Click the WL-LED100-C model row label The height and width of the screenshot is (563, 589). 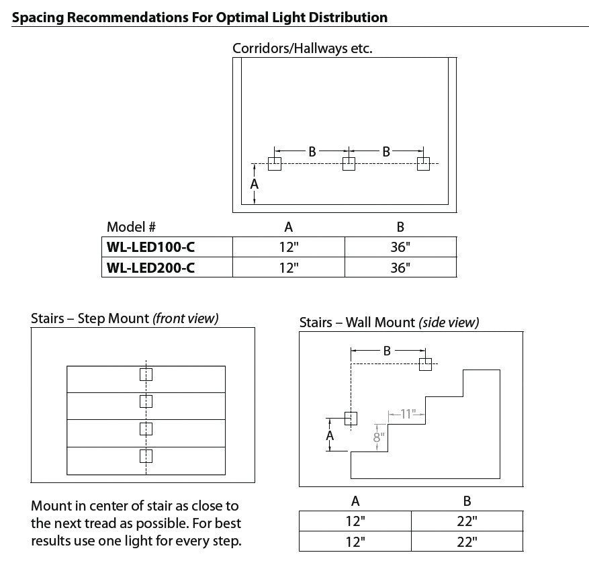(x=150, y=247)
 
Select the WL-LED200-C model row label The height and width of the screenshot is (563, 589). (x=150, y=267)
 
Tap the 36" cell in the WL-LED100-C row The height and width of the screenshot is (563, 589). (x=400, y=247)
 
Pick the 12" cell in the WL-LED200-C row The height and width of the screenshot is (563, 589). (x=288, y=267)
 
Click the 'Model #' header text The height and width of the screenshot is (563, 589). (x=132, y=227)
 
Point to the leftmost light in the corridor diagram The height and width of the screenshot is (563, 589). (x=275, y=163)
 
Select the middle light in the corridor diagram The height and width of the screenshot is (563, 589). (x=349, y=163)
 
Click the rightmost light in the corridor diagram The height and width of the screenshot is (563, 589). (x=423, y=163)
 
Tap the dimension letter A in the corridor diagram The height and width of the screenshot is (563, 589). (x=255, y=183)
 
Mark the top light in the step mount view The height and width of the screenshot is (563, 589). (x=146, y=374)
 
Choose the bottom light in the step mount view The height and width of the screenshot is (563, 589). (x=146, y=456)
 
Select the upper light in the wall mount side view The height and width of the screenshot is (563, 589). (x=425, y=363)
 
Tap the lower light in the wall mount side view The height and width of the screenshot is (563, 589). (x=351, y=418)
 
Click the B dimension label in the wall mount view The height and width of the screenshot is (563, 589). (x=387, y=350)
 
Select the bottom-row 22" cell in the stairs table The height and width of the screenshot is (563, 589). (x=467, y=541)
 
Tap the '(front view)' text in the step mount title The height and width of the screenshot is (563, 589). (x=185, y=318)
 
